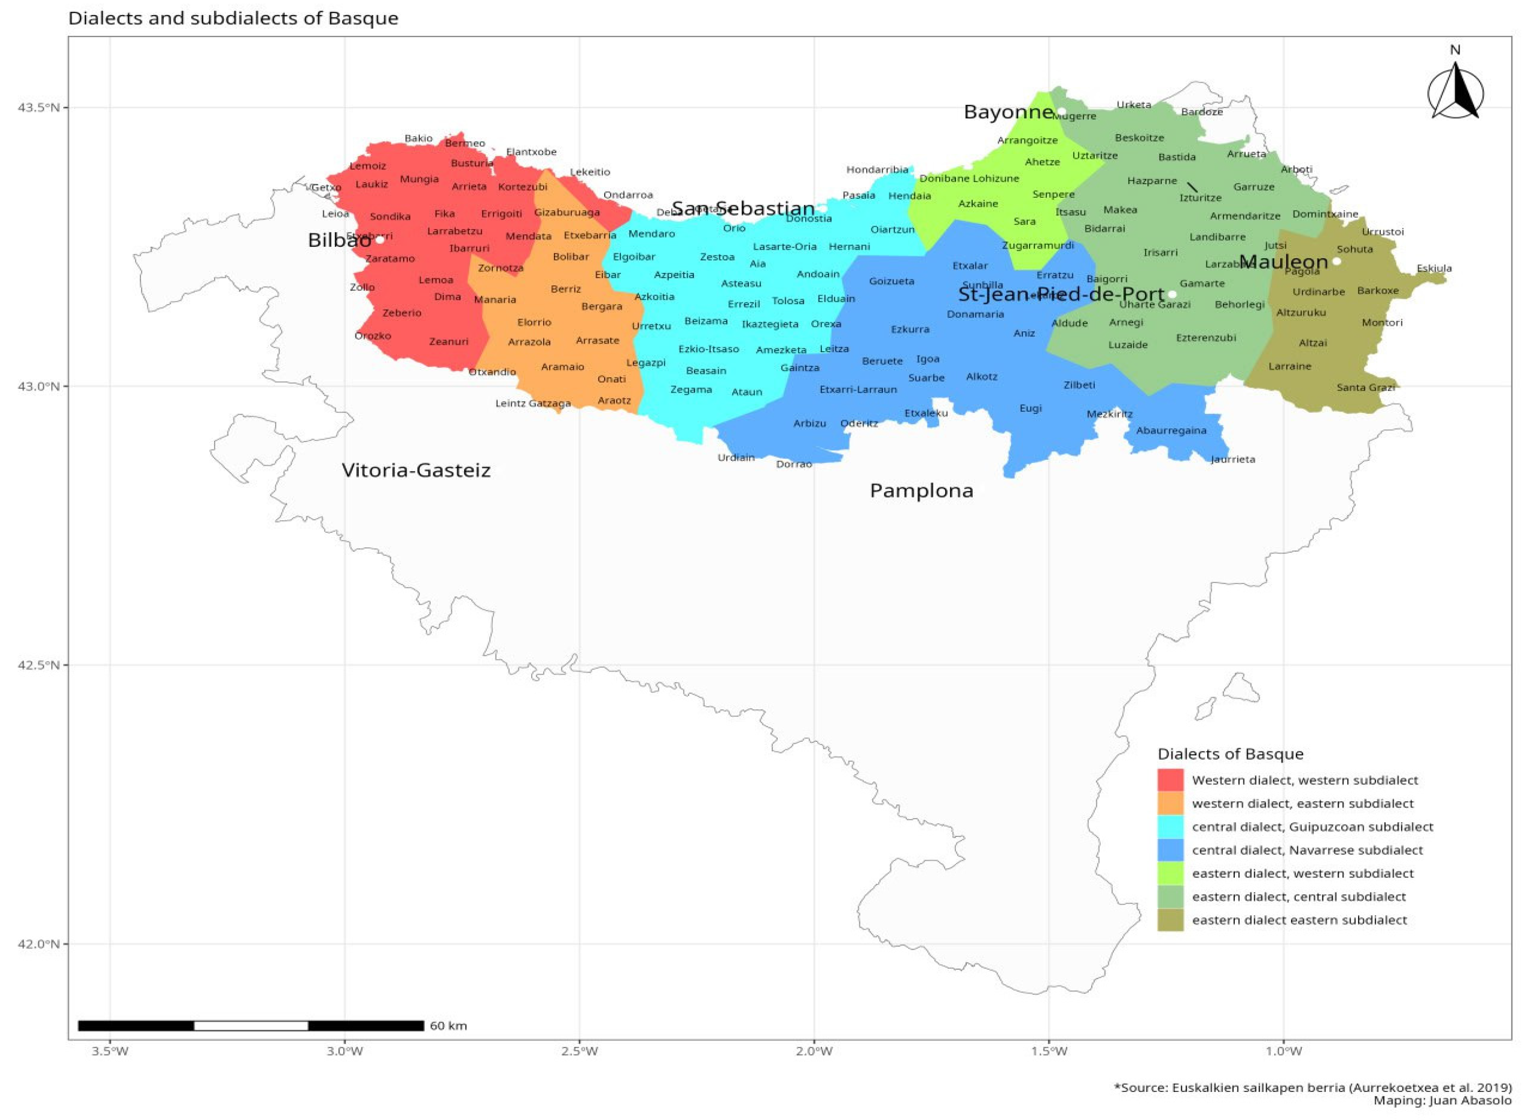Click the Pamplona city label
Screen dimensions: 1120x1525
tap(921, 491)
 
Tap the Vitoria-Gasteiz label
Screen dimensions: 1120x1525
tap(416, 471)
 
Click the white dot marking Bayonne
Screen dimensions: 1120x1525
tap(1061, 111)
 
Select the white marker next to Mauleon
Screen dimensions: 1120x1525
tap(1336, 261)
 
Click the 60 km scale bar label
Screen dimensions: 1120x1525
tap(448, 1026)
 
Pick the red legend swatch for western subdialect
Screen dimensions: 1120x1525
tap(1169, 780)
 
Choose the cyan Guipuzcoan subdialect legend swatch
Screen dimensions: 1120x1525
tap(1169, 827)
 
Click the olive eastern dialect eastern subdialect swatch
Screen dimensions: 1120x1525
tap(1169, 920)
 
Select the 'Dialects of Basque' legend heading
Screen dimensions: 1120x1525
tap(1230, 754)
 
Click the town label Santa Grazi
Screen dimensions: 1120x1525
tap(1365, 388)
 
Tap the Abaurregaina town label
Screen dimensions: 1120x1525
tap(1171, 431)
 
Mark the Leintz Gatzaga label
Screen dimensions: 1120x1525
tap(533, 404)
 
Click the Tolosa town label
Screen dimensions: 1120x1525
tap(788, 301)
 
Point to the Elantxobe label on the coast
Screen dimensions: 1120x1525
tap(531, 152)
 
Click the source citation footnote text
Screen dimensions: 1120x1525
tap(1312, 1088)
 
